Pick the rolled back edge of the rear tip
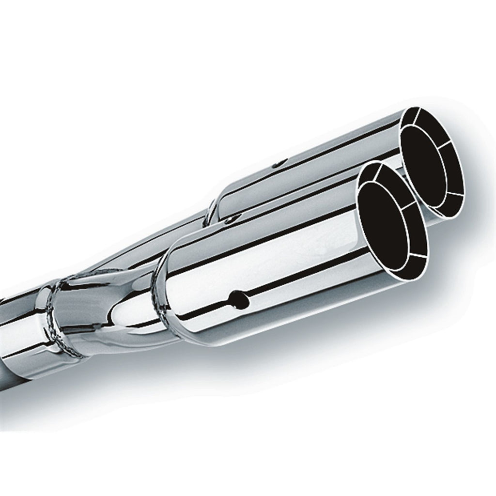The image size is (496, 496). coord(213,208)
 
